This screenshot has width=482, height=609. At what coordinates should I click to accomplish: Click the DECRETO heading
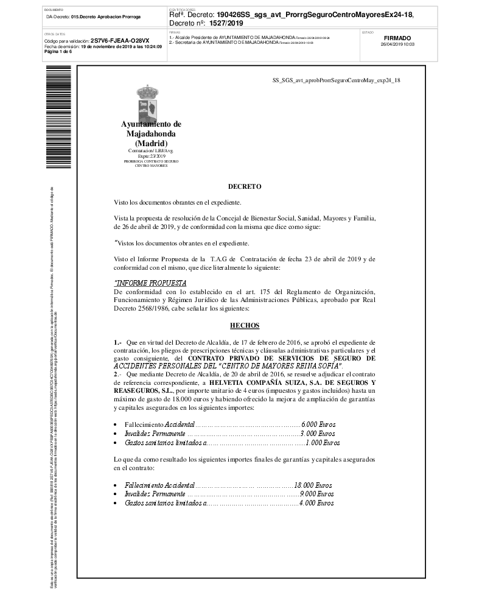tap(244, 186)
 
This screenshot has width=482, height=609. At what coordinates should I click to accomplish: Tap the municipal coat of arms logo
tap(150, 104)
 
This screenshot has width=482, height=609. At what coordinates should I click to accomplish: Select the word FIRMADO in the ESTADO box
tap(397, 38)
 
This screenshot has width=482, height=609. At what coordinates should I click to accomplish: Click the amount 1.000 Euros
tap(323, 443)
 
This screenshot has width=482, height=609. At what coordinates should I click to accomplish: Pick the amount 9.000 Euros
tap(316, 495)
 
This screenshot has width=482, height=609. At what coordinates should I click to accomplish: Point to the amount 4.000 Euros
tap(316, 504)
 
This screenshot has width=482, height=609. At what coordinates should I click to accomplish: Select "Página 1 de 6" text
tap(58, 51)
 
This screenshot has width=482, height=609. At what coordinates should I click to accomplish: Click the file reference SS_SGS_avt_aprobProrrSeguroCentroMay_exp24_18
tap(336, 80)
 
